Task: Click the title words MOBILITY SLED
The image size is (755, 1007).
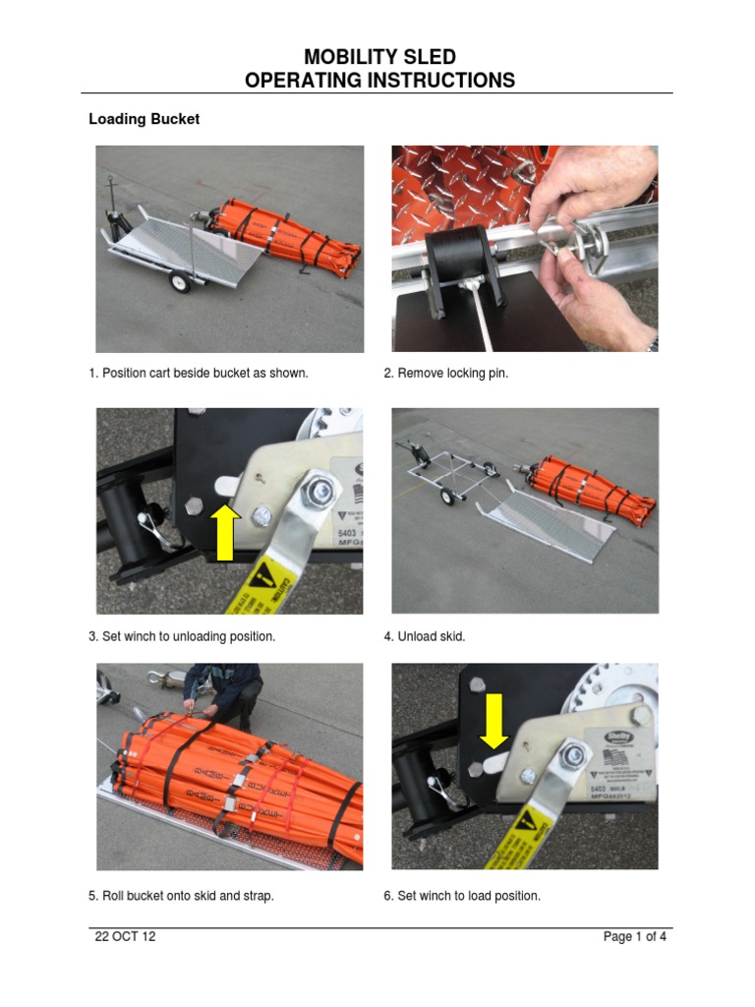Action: [x=378, y=57]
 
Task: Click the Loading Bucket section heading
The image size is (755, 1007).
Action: [x=144, y=119]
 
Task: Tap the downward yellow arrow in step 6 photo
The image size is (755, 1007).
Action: [x=494, y=720]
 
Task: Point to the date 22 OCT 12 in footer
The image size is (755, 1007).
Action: [x=125, y=936]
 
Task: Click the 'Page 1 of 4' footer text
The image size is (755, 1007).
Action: [x=634, y=936]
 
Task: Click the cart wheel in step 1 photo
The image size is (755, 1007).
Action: [x=179, y=282]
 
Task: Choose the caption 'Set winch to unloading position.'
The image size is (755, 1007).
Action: [x=182, y=636]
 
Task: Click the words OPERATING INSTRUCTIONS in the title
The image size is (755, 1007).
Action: [x=378, y=81]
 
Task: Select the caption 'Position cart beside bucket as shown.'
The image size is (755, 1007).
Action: [x=198, y=374]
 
